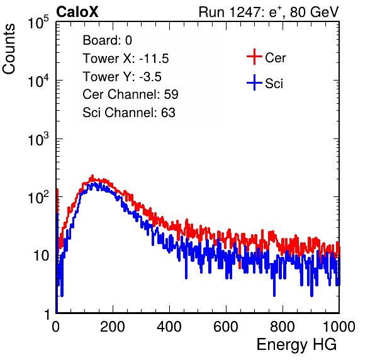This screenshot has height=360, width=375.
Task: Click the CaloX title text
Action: pyautogui.click(x=77, y=12)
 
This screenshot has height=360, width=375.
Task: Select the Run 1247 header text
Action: pyautogui.click(x=269, y=12)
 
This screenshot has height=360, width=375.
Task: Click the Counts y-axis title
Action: pyautogui.click(x=9, y=49)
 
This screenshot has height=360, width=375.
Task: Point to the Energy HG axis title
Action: pyautogui.click(x=296, y=345)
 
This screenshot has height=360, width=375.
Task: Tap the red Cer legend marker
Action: pyautogui.click(x=254, y=57)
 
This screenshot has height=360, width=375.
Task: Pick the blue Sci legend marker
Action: pyautogui.click(x=254, y=82)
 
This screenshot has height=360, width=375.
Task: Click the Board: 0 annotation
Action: pyautogui.click(x=107, y=40)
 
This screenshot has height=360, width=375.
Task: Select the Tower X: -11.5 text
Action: pyautogui.click(x=126, y=59)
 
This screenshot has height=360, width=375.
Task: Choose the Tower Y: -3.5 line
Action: pyautogui.click(x=122, y=77)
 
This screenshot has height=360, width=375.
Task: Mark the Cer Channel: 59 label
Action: pyautogui.click(x=130, y=94)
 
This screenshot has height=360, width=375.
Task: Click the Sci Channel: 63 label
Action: pyautogui.click(x=129, y=113)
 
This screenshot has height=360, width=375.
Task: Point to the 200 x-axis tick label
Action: pyautogui.click(x=113, y=327)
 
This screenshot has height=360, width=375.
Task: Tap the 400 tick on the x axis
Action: pyautogui.click(x=169, y=327)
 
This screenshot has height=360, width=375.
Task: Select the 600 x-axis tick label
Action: pyautogui.click(x=226, y=327)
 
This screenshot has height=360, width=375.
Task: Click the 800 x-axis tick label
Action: pyautogui.click(x=283, y=327)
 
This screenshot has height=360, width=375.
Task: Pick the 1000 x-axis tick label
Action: pyautogui.click(x=339, y=327)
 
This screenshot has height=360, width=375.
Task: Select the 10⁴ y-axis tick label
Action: pyautogui.click(x=38, y=81)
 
